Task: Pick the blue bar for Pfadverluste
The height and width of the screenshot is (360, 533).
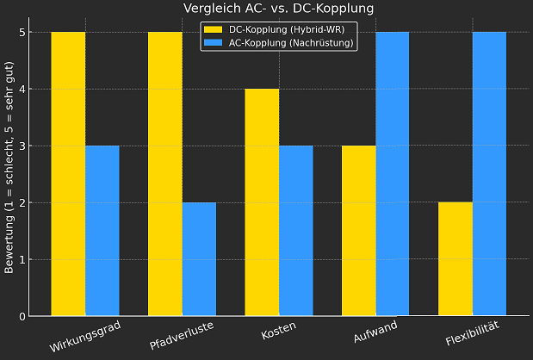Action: [x=199, y=259]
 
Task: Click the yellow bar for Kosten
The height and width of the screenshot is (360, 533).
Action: [x=262, y=202]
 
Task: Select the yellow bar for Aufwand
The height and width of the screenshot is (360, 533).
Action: [x=358, y=231]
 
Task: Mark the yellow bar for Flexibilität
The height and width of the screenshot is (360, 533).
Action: [x=456, y=259]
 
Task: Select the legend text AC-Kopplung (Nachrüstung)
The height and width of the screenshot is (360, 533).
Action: [x=292, y=43]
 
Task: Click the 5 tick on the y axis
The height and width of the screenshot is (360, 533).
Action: [x=22, y=33]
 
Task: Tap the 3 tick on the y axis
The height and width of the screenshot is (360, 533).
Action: [x=22, y=146]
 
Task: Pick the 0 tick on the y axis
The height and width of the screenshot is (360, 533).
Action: [x=22, y=317]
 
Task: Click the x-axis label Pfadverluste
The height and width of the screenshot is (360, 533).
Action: [x=181, y=332]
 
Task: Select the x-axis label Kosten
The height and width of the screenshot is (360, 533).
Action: [x=278, y=331]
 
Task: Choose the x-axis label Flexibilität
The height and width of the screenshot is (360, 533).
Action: [x=472, y=332]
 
